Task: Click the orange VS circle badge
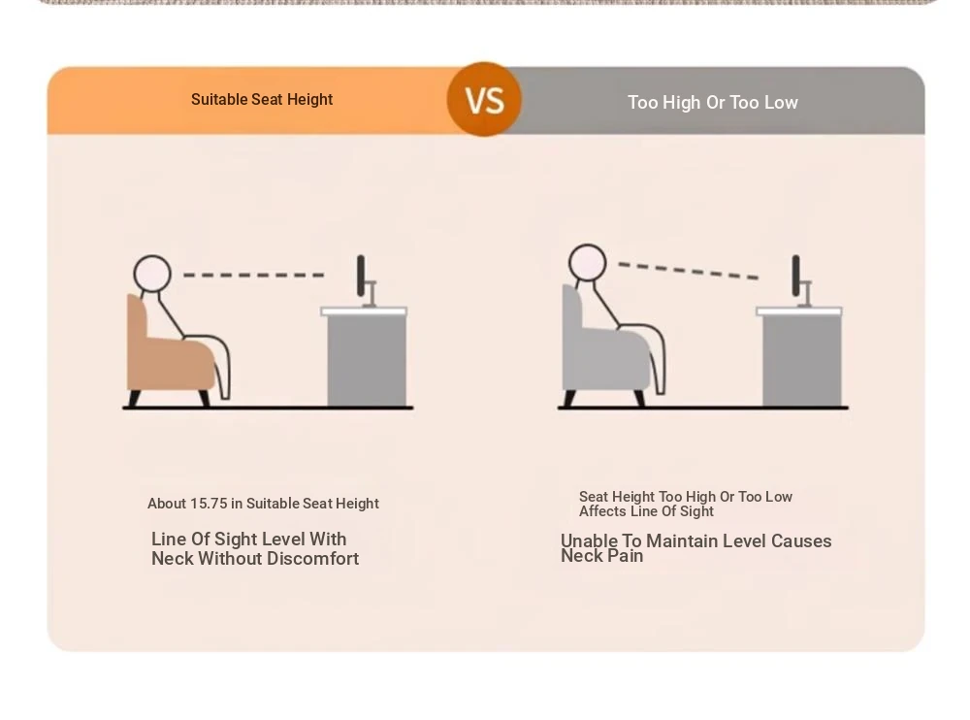click(x=484, y=99)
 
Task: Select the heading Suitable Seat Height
click(x=262, y=100)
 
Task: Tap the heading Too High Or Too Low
click(x=713, y=102)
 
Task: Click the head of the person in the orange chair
click(x=152, y=274)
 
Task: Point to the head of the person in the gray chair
click(x=587, y=263)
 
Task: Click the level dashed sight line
click(x=253, y=275)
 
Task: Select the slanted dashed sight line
click(x=689, y=271)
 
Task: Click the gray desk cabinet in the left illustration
click(x=367, y=360)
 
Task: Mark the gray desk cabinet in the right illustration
click(x=802, y=360)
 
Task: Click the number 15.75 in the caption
click(x=210, y=504)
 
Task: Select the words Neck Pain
click(x=602, y=556)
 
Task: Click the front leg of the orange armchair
click(x=204, y=398)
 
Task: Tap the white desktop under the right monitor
click(x=798, y=311)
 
